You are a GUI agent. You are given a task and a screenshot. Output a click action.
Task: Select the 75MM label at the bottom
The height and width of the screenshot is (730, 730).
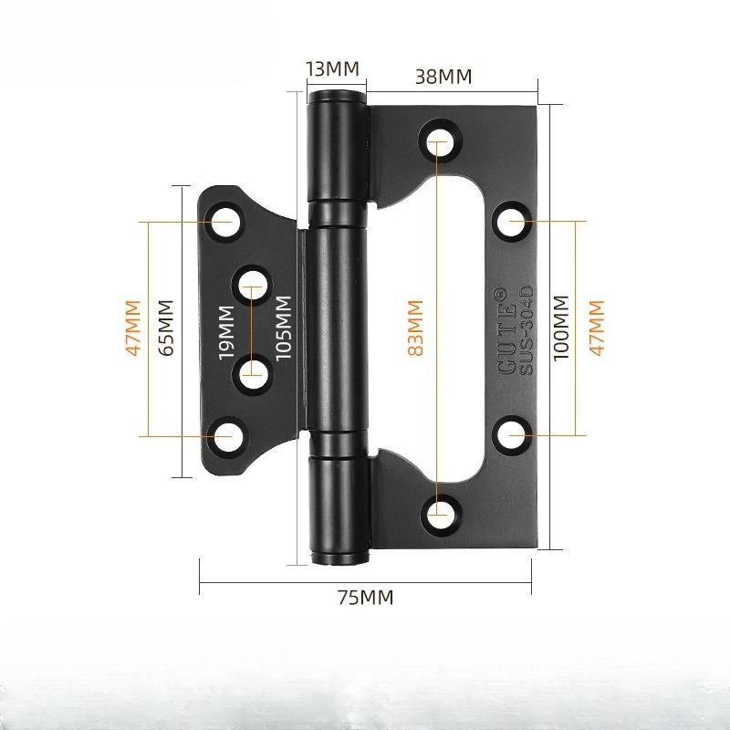[x=365, y=598]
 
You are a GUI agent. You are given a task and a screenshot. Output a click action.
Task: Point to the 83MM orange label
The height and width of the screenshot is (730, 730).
[x=415, y=328]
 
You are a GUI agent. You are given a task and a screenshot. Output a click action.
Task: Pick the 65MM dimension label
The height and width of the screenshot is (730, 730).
[x=165, y=328]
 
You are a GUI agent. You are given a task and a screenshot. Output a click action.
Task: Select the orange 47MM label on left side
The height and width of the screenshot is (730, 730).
[x=133, y=328]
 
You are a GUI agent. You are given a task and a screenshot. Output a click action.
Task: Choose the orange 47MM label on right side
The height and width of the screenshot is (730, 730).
[x=598, y=328]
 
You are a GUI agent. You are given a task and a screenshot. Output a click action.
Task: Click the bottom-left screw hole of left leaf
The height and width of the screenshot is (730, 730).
[x=223, y=436]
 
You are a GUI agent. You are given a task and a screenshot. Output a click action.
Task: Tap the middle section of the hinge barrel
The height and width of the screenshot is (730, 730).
[x=338, y=328]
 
